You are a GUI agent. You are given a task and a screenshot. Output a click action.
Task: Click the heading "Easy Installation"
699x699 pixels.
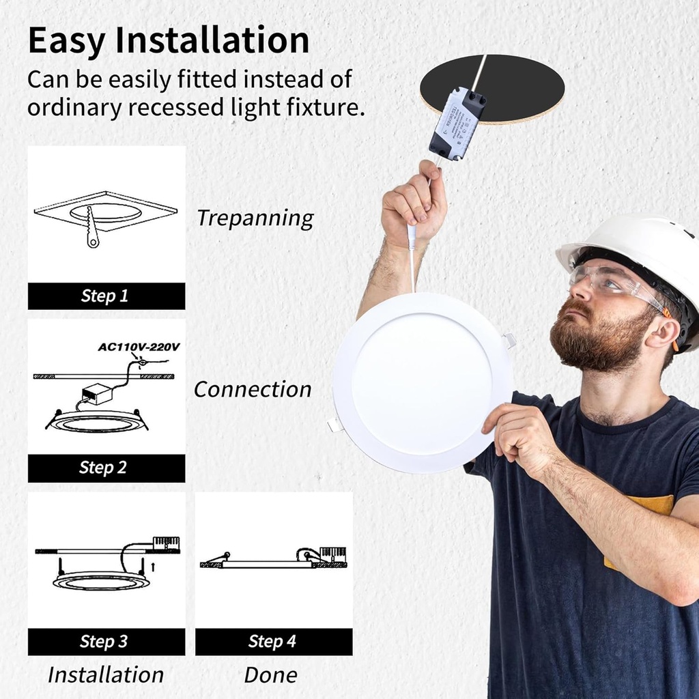[168, 41]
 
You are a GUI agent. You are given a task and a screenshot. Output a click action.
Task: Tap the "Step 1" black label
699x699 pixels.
[105, 296]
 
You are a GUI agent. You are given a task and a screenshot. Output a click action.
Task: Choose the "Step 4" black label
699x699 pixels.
[272, 642]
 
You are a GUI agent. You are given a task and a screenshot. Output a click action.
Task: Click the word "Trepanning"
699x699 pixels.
[255, 218]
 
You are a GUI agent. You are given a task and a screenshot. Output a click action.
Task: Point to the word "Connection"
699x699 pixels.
[253, 390]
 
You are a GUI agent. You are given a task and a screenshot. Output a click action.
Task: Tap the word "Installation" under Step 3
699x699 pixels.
[106, 675]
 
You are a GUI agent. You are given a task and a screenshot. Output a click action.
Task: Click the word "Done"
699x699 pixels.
[271, 675]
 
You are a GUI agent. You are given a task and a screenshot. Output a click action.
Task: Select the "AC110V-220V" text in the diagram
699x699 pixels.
[139, 347]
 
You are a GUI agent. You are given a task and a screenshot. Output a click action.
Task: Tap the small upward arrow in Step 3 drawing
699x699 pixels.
[153, 566]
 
